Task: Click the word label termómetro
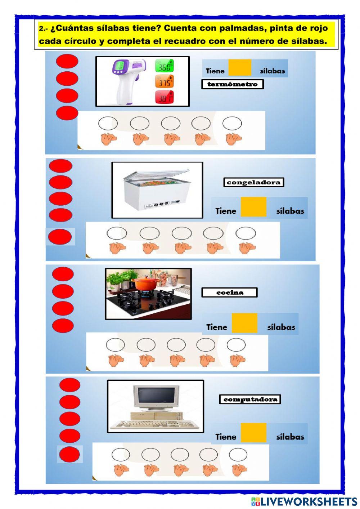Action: coord(232,84)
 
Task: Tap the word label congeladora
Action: coord(253,182)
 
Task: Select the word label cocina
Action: coord(229,292)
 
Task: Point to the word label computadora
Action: coord(250,399)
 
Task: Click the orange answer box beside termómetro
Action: coord(240,67)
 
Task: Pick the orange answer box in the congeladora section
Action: coord(253,207)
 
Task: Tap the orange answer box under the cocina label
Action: coord(244,323)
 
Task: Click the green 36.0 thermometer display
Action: coord(165,66)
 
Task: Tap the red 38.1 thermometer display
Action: coord(165,97)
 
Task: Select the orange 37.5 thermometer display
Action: coord(165,81)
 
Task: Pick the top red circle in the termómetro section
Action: coord(67,61)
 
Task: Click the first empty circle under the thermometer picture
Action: coord(108,124)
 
